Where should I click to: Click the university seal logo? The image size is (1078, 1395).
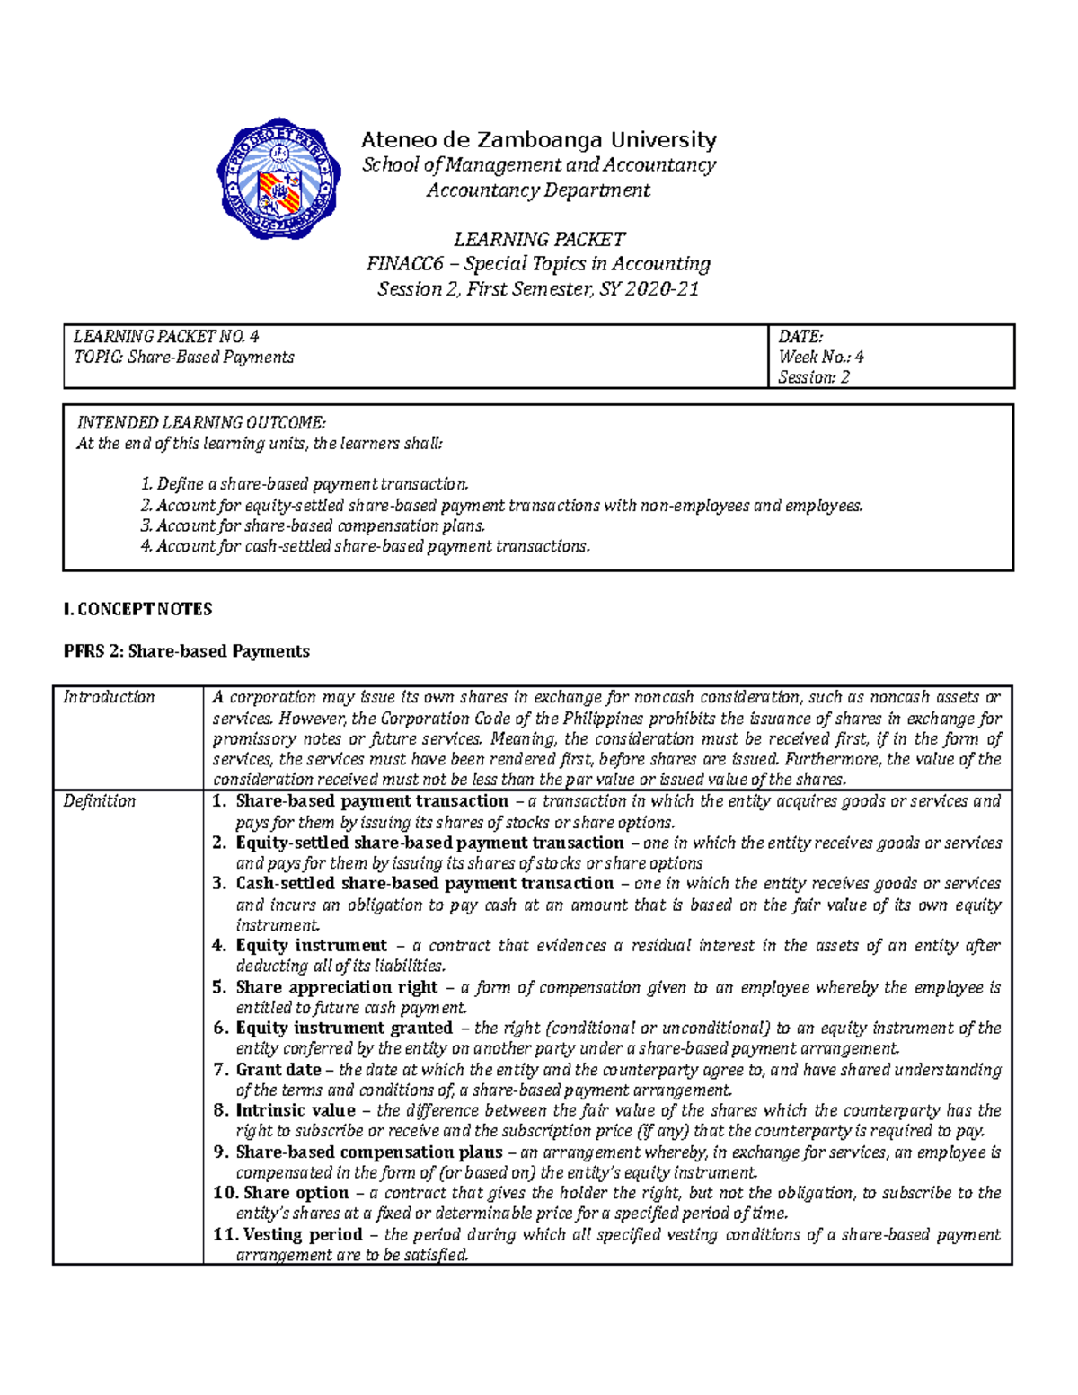[x=278, y=178]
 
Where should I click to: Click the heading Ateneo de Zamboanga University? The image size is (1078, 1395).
[x=538, y=140]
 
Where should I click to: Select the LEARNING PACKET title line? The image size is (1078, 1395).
[x=538, y=239]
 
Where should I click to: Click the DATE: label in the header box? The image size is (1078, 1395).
[x=800, y=337]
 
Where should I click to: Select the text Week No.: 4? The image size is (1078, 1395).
[x=821, y=357]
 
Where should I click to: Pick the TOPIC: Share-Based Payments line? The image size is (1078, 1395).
[x=184, y=357]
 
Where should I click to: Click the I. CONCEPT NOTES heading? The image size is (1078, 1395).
[x=137, y=609]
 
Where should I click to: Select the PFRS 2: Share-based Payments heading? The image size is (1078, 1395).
[x=186, y=651]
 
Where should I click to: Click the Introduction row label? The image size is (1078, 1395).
[x=109, y=697]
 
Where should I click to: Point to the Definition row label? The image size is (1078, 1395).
[x=99, y=801]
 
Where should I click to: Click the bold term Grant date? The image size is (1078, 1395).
[x=278, y=1070]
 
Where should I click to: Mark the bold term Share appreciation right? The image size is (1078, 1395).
[x=337, y=987]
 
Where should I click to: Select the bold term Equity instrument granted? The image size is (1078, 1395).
[x=344, y=1028]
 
